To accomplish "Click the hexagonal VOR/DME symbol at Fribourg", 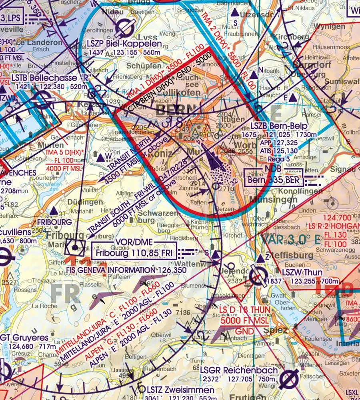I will (76, 247).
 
